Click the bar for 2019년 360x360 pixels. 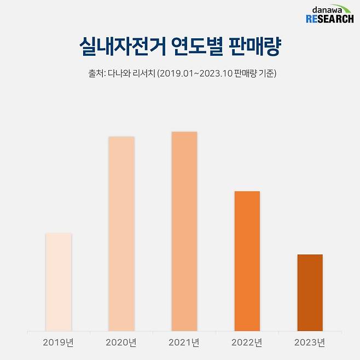(x=58, y=282)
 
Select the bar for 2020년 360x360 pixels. (x=121, y=234)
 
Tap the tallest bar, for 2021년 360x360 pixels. (x=184, y=231)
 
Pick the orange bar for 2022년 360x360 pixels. (x=247, y=261)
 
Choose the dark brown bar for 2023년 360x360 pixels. (x=310, y=293)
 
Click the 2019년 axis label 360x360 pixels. (x=58, y=343)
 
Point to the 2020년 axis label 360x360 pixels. (x=121, y=343)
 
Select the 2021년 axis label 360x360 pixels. (x=184, y=343)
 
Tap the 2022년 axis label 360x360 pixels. (x=247, y=343)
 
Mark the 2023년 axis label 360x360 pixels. (x=310, y=343)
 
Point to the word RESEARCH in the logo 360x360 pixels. (x=330, y=20)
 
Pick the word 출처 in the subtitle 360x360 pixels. (x=96, y=73)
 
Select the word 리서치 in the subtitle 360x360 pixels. (x=144, y=73)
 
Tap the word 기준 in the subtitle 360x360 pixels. (x=265, y=73)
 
